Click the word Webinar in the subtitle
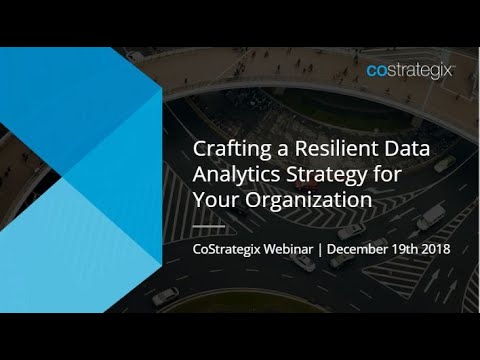(x=286, y=246)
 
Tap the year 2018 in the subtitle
(x=436, y=246)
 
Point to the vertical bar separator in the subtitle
(x=322, y=246)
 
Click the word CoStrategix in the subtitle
(x=225, y=246)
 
